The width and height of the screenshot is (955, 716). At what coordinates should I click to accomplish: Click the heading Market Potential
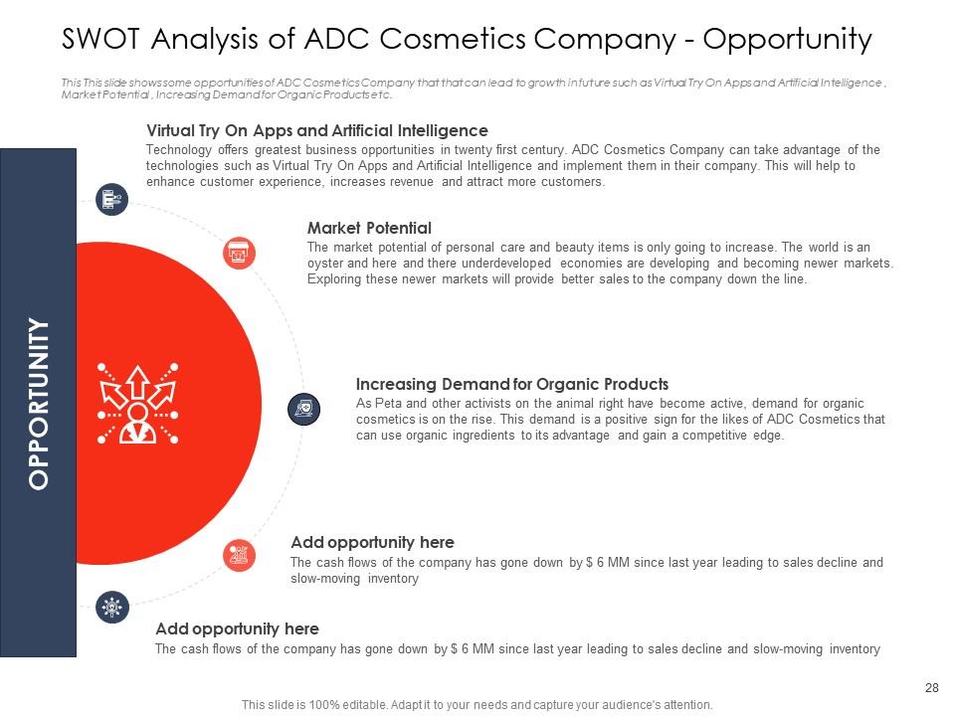coord(369,229)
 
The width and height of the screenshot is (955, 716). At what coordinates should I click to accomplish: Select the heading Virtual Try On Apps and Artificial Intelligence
coord(316,130)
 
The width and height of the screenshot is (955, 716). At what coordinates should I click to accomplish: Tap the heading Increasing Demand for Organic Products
coord(511,384)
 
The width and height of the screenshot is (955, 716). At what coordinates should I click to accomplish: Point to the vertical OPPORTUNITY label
coord(39,403)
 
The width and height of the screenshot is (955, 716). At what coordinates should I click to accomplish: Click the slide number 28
coord(931,688)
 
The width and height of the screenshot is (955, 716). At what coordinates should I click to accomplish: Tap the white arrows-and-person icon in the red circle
coord(136,403)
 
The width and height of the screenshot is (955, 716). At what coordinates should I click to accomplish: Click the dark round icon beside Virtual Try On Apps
coord(110,199)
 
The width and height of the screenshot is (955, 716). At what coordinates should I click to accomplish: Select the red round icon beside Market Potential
coord(239,254)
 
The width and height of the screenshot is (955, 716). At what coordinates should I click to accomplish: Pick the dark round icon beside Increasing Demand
coord(303,408)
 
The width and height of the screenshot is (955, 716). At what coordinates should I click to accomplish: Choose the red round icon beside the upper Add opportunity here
coord(239,554)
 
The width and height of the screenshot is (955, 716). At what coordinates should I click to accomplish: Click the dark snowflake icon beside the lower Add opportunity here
coord(112,607)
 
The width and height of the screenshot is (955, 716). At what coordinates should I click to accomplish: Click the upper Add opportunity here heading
coord(372,542)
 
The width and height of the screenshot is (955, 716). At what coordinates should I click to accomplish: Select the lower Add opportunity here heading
coord(237,628)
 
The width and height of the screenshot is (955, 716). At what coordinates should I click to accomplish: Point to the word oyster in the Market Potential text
coord(326,263)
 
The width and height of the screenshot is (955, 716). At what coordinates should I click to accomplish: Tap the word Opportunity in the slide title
coord(788,40)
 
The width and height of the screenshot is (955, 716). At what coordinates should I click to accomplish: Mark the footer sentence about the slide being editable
coord(477,704)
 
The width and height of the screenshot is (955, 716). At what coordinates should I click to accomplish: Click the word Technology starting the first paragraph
coord(178,149)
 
